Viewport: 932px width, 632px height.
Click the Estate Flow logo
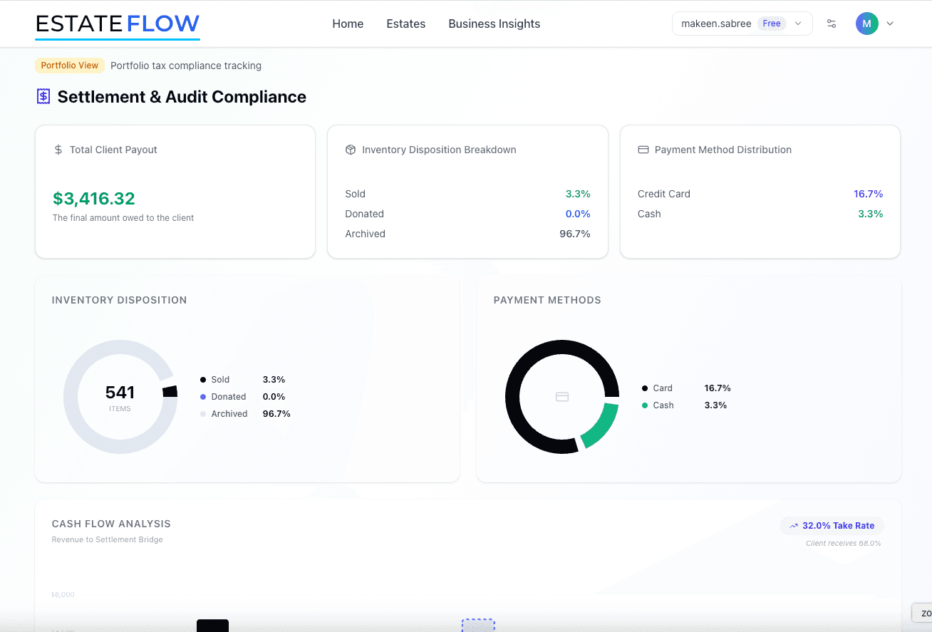pyautogui.click(x=118, y=24)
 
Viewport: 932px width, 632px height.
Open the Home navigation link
pyautogui.click(x=348, y=24)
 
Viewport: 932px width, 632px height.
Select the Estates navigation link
pyautogui.click(x=405, y=24)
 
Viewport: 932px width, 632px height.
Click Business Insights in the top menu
pyautogui.click(x=494, y=24)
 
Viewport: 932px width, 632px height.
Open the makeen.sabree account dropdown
pyautogui.click(x=742, y=24)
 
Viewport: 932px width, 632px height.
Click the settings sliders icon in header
pyautogui.click(x=832, y=24)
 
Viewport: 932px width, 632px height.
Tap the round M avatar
pyautogui.click(x=866, y=24)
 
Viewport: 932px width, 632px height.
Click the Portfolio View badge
pyautogui.click(x=70, y=66)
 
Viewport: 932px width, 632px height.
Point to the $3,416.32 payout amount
pyautogui.click(x=94, y=198)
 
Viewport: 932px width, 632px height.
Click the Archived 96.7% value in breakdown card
pyautogui.click(x=574, y=234)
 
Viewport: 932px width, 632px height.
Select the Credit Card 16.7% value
pyautogui.click(x=868, y=194)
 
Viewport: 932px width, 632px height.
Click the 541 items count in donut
pyautogui.click(x=120, y=393)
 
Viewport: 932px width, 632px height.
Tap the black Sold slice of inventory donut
pyautogui.click(x=170, y=391)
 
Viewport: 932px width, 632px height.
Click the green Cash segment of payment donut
pyautogui.click(x=601, y=425)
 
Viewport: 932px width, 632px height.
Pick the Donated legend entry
pyautogui.click(x=228, y=397)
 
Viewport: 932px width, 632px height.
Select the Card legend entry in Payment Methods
pyautogui.click(x=662, y=388)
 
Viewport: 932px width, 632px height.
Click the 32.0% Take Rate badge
pyautogui.click(x=832, y=526)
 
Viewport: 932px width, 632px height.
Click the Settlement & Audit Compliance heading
pyautogui.click(x=182, y=97)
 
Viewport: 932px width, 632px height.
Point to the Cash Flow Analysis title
pyautogui.click(x=111, y=524)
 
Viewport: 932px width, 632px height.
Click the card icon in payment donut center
pyautogui.click(x=562, y=397)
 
